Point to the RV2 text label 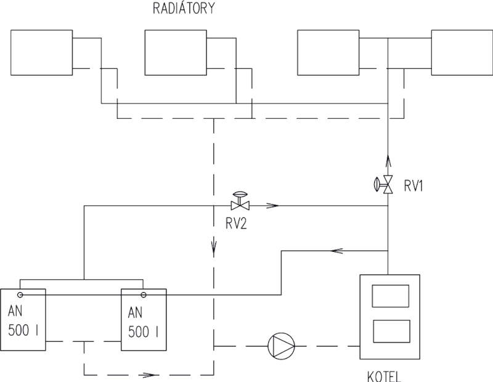tap(235, 225)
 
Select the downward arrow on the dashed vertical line tap(213, 249)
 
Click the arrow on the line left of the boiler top tap(336, 251)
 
